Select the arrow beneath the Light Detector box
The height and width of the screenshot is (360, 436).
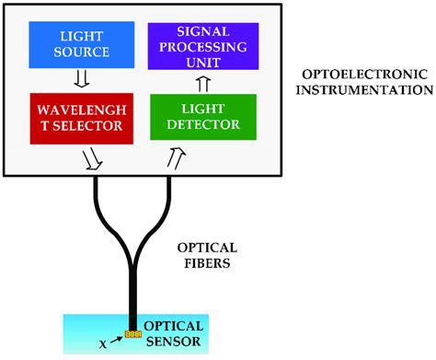(x=173, y=161)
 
